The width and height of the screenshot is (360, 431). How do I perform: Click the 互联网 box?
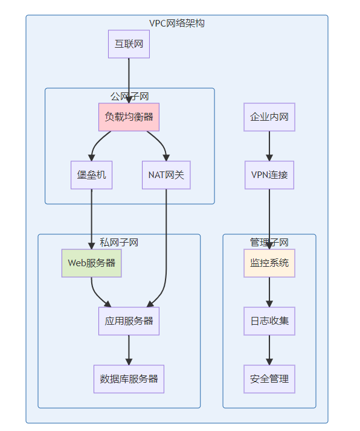point(129,44)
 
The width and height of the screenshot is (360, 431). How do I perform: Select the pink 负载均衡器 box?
point(129,117)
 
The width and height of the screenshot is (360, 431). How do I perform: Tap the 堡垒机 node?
point(91,175)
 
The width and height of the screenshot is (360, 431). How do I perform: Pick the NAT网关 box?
point(166,175)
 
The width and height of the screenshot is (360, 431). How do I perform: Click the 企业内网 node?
point(269,117)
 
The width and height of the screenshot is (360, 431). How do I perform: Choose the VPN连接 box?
point(269,175)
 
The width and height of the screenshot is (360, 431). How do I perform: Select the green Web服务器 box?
point(91,263)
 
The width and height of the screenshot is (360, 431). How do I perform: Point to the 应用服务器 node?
point(129,321)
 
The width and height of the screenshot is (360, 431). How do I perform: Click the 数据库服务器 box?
point(129,379)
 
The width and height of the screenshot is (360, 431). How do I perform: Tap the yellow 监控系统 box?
point(269,263)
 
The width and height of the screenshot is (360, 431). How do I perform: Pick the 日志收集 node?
point(269,321)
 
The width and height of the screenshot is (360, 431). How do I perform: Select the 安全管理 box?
point(269,379)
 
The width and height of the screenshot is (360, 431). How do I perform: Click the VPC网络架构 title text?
point(177,24)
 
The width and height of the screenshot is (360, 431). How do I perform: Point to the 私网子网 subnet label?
point(119,243)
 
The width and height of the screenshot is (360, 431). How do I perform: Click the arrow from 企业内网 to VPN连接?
point(269,146)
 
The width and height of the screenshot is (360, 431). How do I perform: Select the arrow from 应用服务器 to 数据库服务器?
point(129,350)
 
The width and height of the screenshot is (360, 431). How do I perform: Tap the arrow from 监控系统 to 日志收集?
point(269,292)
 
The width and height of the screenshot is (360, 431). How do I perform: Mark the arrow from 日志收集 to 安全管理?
point(269,350)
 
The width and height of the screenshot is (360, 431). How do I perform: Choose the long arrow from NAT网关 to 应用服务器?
point(166,247)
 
